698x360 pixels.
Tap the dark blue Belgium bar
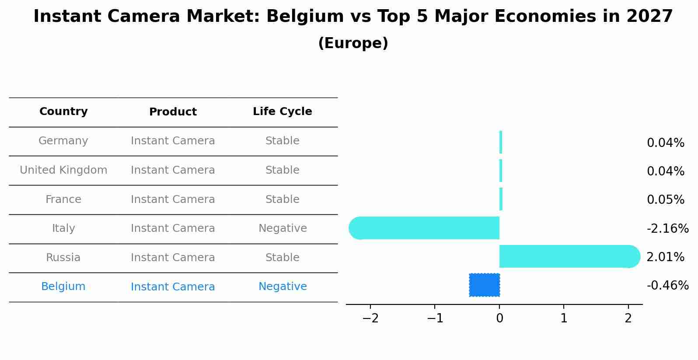pos(485,285)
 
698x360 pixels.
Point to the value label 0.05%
pos(665,200)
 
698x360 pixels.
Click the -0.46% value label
pos(667,286)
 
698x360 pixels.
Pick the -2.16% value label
pos(667,228)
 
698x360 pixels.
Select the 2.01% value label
pos(665,257)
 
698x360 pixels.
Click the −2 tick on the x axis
pos(370,318)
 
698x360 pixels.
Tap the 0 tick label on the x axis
pos(499,318)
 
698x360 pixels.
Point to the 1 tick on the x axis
pos(564,318)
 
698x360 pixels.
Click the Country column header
pos(63,112)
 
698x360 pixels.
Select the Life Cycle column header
pos(283,112)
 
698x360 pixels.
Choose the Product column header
pos(173,112)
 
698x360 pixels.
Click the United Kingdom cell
pos(63,170)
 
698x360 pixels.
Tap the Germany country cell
pos(63,141)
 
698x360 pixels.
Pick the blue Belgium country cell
pos(63,287)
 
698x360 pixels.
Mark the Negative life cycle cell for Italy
pos(283,228)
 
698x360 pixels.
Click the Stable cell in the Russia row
pos(283,258)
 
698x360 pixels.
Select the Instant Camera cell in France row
pos(173,199)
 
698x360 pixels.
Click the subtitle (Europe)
pos(353,43)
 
